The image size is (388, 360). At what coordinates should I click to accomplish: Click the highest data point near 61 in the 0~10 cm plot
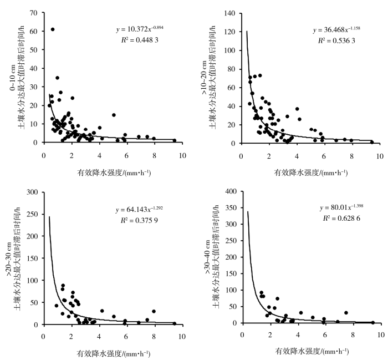tap(53, 29)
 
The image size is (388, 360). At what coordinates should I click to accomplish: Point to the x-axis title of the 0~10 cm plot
tap(115, 172)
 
